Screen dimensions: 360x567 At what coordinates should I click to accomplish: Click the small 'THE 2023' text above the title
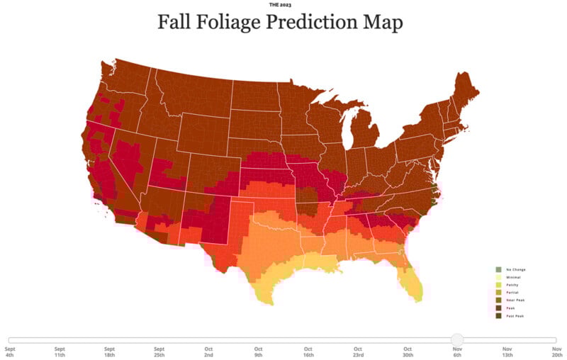pos(280,4)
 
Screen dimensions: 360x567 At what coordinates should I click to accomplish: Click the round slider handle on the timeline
pos(457,340)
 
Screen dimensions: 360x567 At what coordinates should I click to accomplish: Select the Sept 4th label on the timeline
pos(10,352)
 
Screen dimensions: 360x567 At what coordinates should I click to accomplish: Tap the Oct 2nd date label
pos(209,352)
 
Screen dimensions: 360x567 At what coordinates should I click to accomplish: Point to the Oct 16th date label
pos(308,352)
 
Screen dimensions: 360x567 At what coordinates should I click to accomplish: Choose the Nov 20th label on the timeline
pos(557,352)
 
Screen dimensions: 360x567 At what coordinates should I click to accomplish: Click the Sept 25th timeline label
pos(159,352)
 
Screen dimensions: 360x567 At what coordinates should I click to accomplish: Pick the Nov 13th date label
pos(507,352)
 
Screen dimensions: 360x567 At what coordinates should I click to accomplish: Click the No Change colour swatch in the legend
pos(498,270)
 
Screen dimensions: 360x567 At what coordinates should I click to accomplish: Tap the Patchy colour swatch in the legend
pos(498,285)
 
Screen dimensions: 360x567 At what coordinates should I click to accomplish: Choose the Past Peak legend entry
pos(515,316)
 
